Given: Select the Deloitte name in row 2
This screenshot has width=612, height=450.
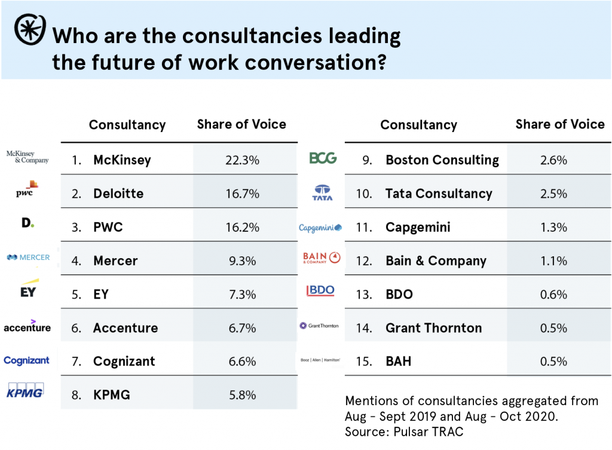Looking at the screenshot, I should click(x=118, y=194).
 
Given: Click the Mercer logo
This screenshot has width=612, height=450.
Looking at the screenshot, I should click(x=27, y=258).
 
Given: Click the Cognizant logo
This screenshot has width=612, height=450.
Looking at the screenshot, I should click(x=26, y=360).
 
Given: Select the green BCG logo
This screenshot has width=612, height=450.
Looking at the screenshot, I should click(x=323, y=158).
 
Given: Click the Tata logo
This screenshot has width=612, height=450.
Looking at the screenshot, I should click(x=323, y=192).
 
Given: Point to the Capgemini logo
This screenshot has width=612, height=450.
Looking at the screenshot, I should click(x=321, y=228).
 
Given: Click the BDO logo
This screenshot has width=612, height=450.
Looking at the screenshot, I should click(x=320, y=291).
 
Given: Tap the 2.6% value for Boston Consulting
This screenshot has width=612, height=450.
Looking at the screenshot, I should click(x=553, y=160).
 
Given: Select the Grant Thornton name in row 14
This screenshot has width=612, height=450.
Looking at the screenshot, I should click(x=433, y=327).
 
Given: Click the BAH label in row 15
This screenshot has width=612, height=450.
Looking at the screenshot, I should click(x=398, y=361).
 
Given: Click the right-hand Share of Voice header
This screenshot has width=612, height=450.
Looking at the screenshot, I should click(x=560, y=124).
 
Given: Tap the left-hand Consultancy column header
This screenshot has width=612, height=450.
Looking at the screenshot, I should click(x=127, y=125).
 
